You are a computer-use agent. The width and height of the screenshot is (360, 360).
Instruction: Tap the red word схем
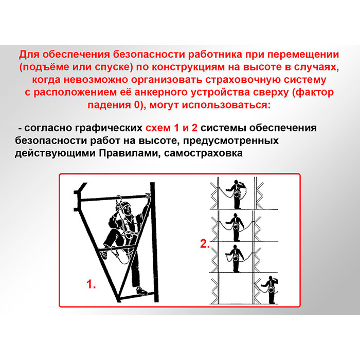[x=158, y=128]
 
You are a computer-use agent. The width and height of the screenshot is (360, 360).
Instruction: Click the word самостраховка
[x=203, y=153]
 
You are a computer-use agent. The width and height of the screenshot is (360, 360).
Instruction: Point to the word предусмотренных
[x=231, y=140]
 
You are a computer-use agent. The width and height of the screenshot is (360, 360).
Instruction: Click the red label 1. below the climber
[x=91, y=284]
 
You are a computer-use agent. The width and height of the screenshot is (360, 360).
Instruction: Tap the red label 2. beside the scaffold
[x=205, y=244]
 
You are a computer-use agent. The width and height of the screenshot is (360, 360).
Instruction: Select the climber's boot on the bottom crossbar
[x=141, y=291]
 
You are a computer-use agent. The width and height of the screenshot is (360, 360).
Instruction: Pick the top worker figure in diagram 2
[x=237, y=194]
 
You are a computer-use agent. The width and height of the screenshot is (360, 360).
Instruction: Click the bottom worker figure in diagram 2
[x=272, y=290]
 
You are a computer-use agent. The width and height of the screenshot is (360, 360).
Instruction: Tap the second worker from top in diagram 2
[x=236, y=227]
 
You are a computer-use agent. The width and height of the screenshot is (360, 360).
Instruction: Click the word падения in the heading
[x=111, y=105]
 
